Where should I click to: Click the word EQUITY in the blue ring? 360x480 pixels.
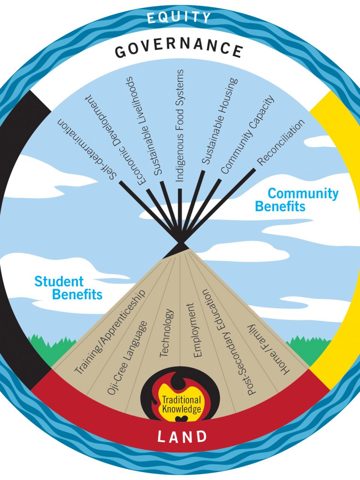click(179, 17)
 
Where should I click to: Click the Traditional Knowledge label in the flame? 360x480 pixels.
click(182, 404)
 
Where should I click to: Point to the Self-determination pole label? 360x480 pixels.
click(87, 150)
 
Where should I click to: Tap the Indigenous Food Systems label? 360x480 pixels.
click(180, 126)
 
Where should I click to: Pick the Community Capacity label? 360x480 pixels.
click(248, 135)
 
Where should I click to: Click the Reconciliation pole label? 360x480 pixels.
click(281, 142)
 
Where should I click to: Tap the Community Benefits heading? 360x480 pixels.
click(296, 200)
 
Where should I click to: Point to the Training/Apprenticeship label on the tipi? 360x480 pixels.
click(109, 332)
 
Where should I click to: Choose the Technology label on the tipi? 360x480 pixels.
click(166, 333)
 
